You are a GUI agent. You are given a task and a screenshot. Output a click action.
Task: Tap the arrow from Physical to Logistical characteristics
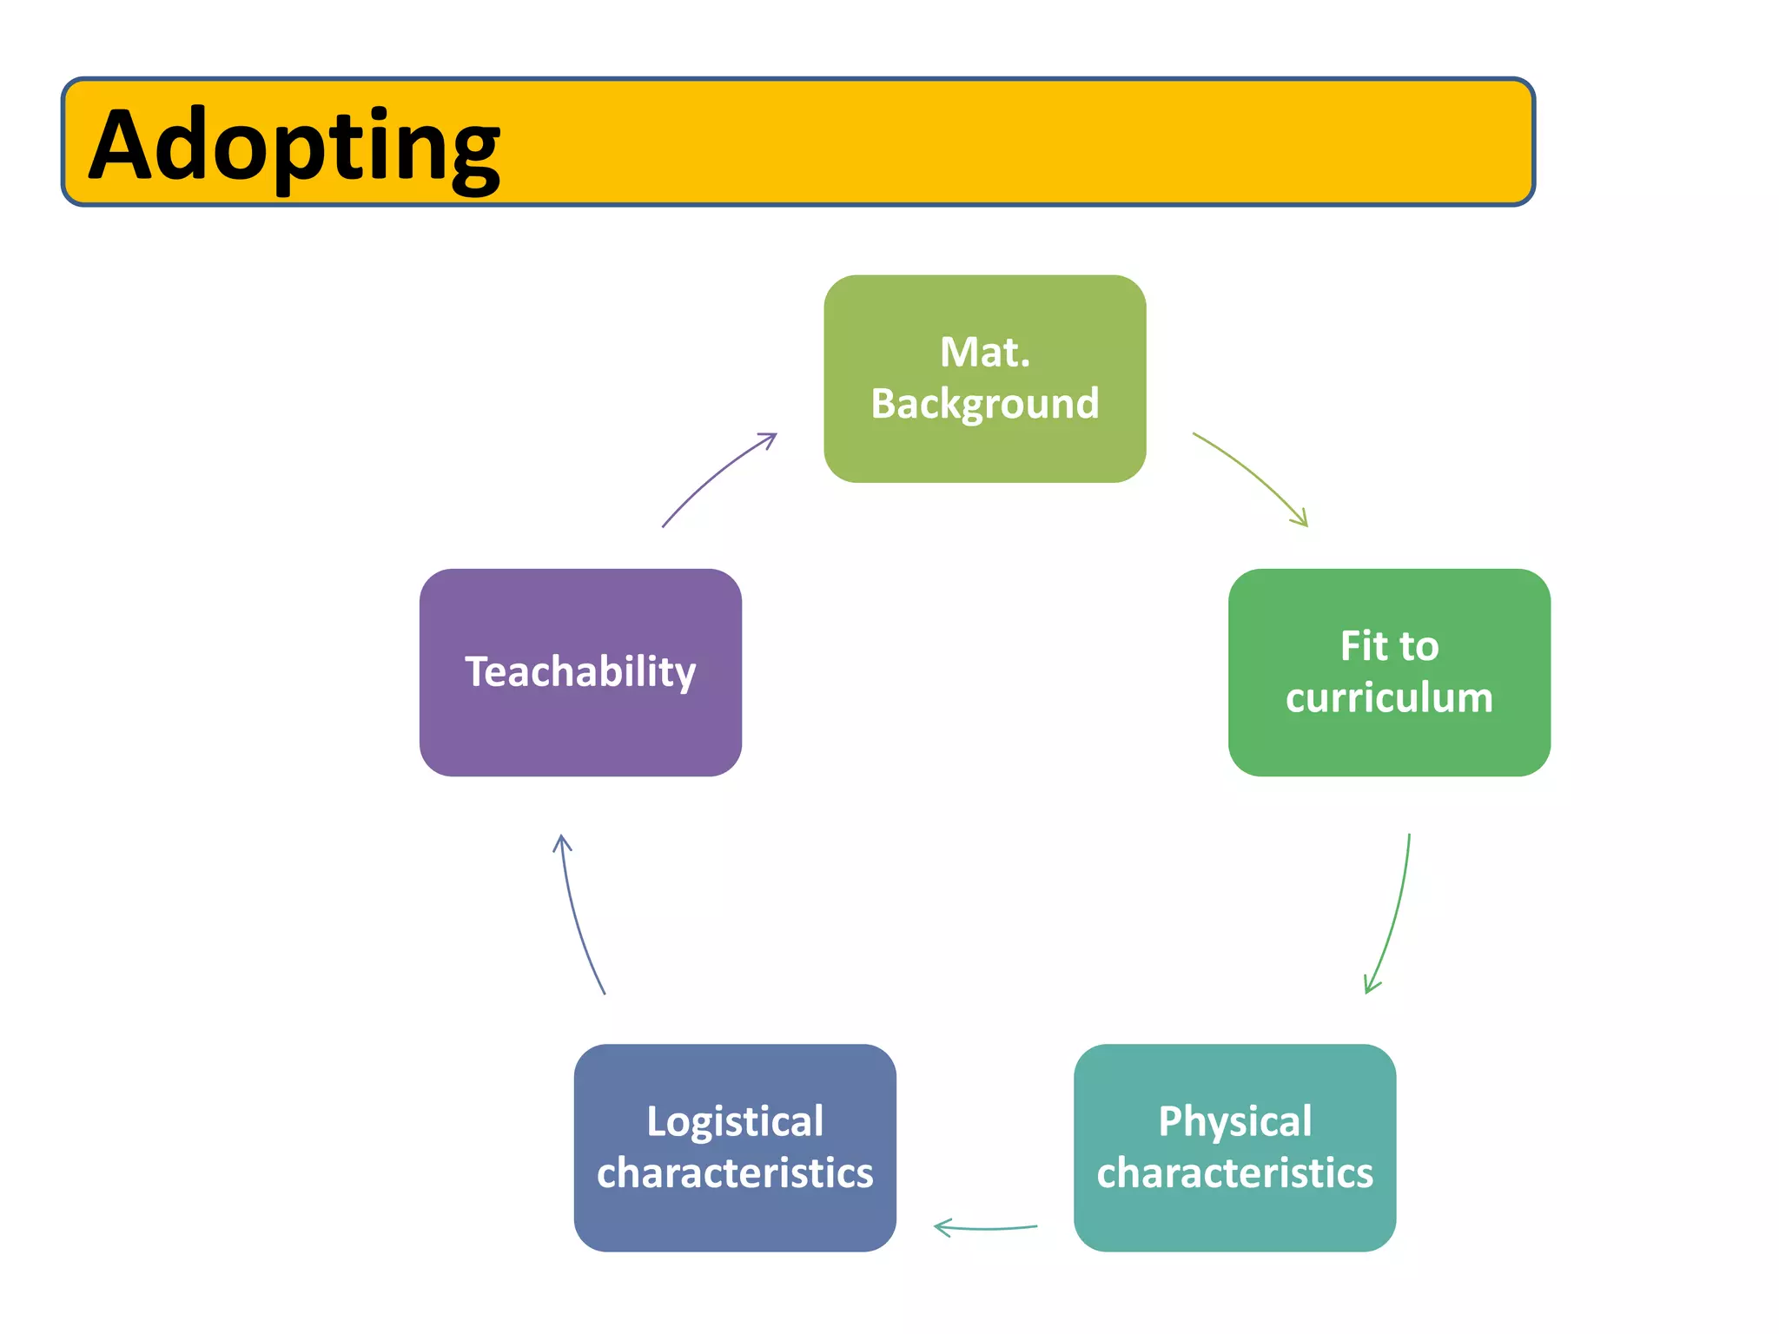tap(985, 1228)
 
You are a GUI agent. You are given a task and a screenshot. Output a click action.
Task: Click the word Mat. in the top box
tap(984, 353)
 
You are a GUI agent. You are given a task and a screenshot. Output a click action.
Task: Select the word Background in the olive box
tap(984, 404)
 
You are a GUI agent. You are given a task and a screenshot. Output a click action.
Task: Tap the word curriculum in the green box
tap(1388, 697)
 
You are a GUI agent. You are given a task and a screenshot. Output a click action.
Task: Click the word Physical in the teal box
tap(1234, 1121)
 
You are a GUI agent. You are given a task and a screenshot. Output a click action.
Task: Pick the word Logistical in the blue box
tap(734, 1121)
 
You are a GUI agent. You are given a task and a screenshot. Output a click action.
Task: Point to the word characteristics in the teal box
tap(1234, 1173)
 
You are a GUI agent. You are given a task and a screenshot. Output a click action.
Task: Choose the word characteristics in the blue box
tap(734, 1173)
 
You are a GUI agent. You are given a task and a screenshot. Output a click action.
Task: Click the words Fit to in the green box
tap(1388, 646)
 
